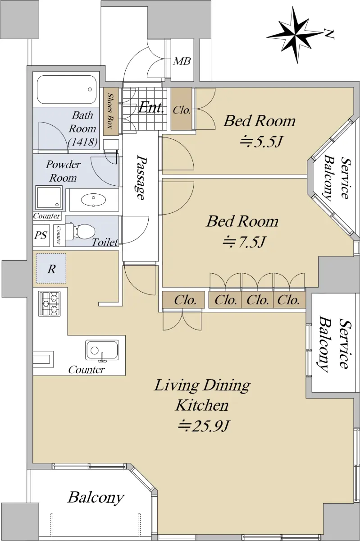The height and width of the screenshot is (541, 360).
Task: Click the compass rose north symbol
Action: click(x=296, y=35)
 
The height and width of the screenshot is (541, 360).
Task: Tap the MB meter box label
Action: click(x=182, y=61)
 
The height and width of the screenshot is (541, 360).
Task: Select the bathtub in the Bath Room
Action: click(x=66, y=90)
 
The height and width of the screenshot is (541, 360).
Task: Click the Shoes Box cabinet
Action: click(x=111, y=111)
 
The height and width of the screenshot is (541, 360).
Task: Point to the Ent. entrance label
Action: click(x=151, y=107)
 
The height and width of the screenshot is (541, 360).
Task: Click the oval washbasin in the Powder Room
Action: click(x=93, y=200)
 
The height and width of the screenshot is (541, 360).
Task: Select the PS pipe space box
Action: click(x=41, y=235)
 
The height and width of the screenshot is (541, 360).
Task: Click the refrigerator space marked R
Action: click(x=51, y=268)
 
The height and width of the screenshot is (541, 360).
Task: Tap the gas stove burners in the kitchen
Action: click(x=50, y=303)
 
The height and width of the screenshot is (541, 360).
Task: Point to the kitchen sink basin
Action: click(x=102, y=351)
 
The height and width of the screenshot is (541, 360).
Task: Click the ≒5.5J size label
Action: click(x=261, y=142)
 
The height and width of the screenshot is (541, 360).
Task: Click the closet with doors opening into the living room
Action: click(x=183, y=300)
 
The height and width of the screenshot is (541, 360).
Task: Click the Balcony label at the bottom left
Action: click(x=96, y=498)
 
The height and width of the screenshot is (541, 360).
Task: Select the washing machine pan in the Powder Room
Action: click(x=49, y=197)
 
